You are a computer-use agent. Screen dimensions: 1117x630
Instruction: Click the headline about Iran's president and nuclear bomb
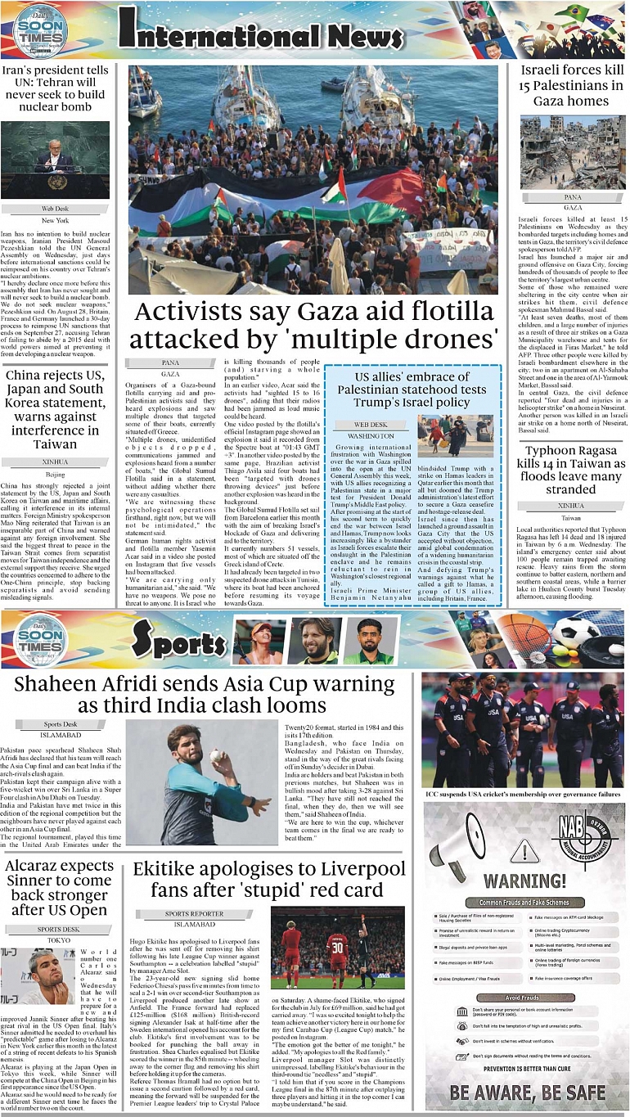tap(55, 89)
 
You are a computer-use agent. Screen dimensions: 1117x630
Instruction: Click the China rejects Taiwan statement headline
tap(55, 410)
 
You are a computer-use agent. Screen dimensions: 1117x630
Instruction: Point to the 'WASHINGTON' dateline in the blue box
tap(371, 436)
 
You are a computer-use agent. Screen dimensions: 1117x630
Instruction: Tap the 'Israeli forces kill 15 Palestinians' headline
tap(572, 86)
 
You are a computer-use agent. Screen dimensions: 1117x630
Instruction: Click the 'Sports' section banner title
tap(178, 643)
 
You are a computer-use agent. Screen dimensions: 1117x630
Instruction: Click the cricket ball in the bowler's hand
tap(216, 756)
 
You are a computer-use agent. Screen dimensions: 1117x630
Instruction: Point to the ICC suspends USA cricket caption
tap(522, 794)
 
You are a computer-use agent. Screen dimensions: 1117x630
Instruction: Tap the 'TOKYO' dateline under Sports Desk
tap(58, 940)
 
